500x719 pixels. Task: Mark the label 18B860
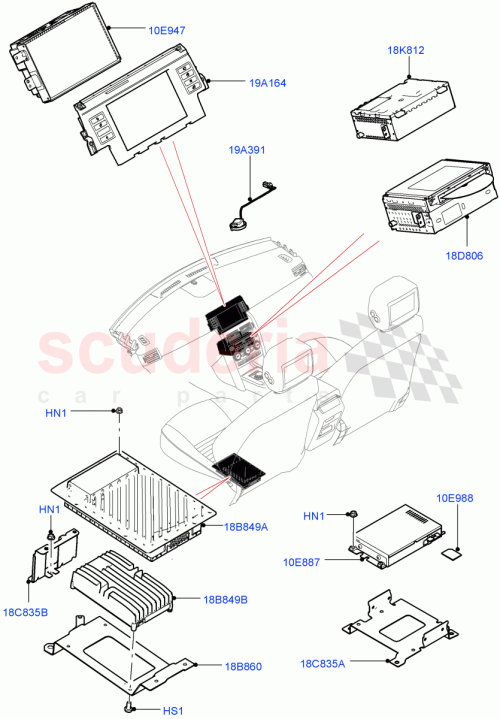(225, 665)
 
